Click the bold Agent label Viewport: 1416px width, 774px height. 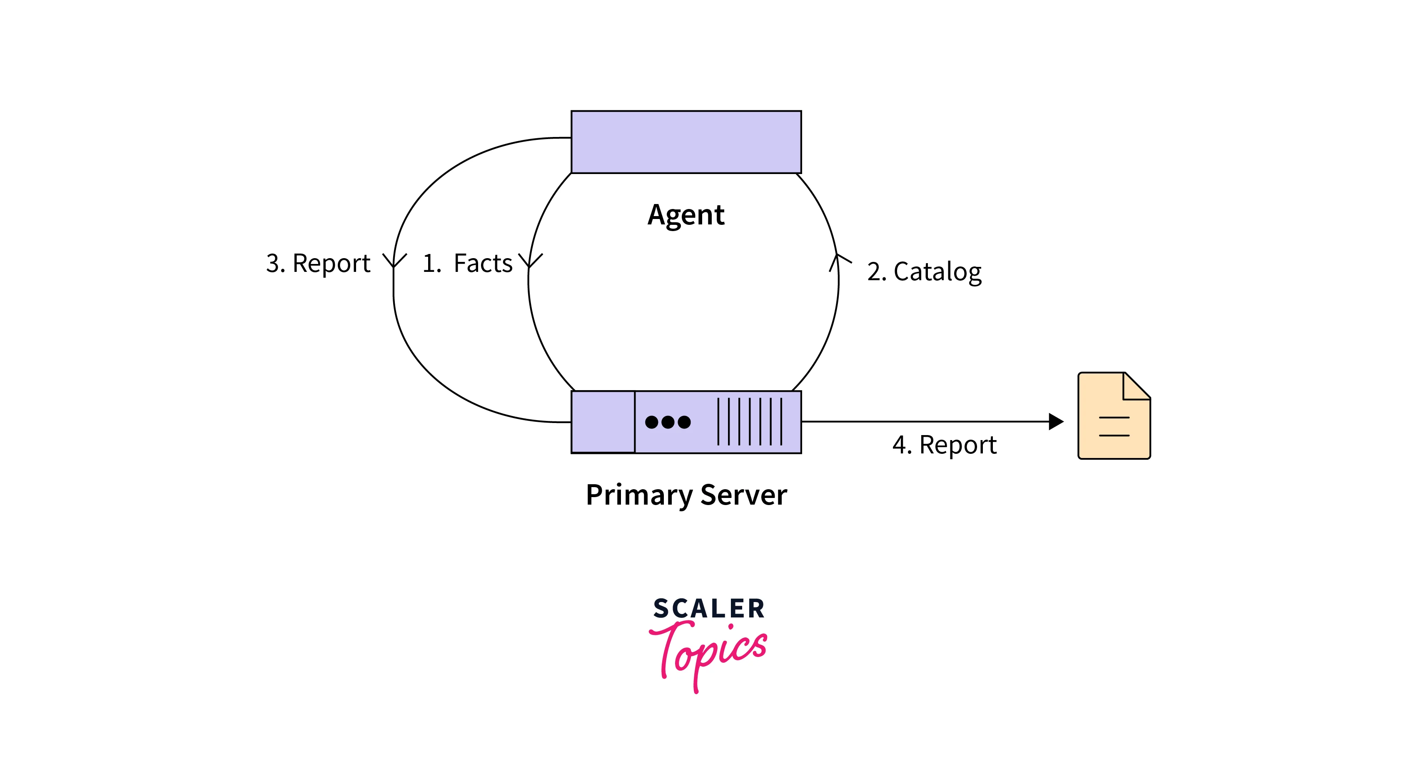(686, 215)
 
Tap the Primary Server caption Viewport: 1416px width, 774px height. (686, 495)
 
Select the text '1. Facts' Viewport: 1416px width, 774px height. (467, 263)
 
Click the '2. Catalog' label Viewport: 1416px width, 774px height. (924, 271)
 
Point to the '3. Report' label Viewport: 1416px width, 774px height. (318, 263)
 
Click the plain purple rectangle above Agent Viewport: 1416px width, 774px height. (686, 142)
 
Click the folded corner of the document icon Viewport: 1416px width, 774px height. (1136, 386)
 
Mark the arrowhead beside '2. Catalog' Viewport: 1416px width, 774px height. (838, 260)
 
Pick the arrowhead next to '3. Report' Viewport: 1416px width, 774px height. (394, 261)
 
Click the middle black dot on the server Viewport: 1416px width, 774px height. (668, 422)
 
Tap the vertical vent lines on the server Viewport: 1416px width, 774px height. (749, 422)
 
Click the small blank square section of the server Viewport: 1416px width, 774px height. (603, 422)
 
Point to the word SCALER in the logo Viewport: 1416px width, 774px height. (708, 609)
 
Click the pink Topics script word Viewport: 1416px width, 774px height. (709, 652)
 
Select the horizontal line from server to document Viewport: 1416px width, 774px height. (923, 422)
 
